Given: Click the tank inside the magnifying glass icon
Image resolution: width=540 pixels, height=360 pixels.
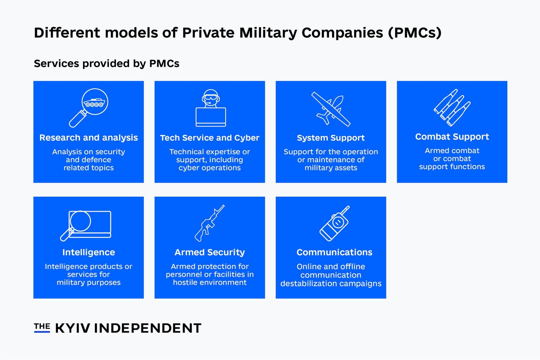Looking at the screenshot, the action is click(x=94, y=103).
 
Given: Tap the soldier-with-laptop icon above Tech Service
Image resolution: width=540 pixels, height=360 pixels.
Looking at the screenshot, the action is click(x=211, y=108).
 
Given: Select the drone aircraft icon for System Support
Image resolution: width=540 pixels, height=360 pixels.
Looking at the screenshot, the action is click(x=331, y=109).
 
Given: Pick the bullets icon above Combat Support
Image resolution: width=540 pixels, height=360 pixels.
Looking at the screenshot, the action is click(x=452, y=108).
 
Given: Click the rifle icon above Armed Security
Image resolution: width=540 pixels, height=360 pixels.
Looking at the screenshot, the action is click(x=210, y=223).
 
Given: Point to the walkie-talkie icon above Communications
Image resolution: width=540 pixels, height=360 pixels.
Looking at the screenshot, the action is click(x=334, y=224).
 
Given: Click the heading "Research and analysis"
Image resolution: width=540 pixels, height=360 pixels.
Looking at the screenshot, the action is click(x=89, y=138).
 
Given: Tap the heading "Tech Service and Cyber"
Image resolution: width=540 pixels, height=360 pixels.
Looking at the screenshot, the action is click(x=210, y=138).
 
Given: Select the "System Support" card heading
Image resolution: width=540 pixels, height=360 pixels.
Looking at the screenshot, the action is click(x=331, y=138).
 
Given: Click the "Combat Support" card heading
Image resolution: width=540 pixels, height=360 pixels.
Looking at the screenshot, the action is click(x=452, y=137).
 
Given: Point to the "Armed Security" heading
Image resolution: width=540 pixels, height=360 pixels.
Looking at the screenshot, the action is click(x=210, y=252).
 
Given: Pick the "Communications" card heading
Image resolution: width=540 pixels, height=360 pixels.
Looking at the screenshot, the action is click(x=334, y=252).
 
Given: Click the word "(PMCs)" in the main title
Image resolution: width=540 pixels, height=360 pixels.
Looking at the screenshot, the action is click(x=414, y=33).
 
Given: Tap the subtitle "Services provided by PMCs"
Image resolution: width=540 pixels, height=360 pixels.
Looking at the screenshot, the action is click(x=107, y=64).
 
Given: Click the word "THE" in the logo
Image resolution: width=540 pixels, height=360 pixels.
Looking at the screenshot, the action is click(x=42, y=327).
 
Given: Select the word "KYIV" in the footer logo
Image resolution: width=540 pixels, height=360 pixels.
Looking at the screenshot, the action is click(x=73, y=328).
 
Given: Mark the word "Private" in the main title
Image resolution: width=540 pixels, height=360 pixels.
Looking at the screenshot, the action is click(x=208, y=33).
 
